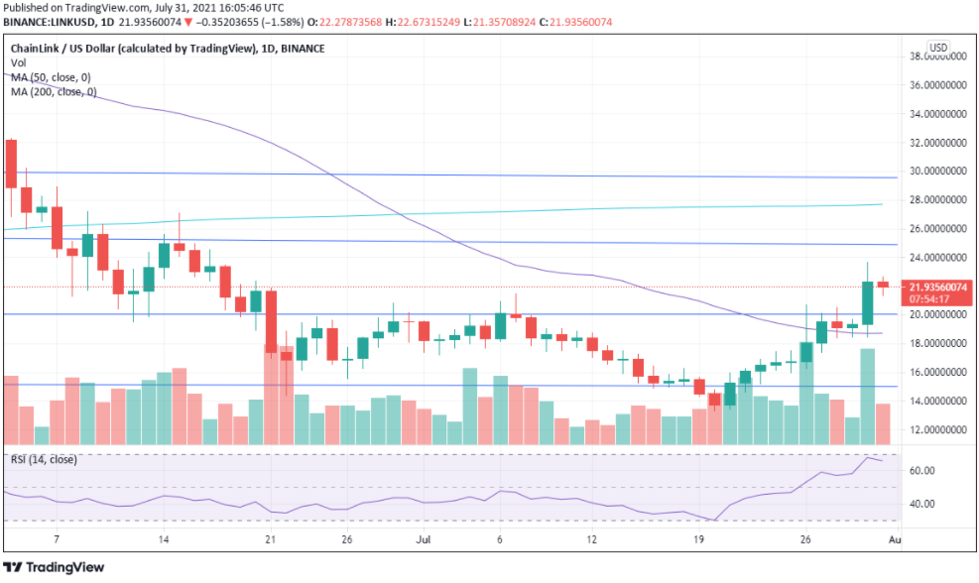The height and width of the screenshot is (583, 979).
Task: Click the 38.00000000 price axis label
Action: tap(937, 57)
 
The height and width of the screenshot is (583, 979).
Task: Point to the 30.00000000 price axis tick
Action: tap(937, 171)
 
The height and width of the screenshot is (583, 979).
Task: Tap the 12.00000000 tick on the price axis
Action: tap(937, 429)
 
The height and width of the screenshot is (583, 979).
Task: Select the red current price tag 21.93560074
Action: tap(937, 287)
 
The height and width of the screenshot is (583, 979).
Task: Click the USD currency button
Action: tap(937, 47)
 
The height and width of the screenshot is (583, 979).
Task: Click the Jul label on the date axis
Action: tap(424, 540)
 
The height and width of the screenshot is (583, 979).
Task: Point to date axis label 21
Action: tap(269, 540)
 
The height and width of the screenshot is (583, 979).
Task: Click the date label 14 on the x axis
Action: tap(164, 540)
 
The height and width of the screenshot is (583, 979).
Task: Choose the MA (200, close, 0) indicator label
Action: tap(55, 91)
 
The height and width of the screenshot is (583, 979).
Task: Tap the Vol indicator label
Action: tap(17, 62)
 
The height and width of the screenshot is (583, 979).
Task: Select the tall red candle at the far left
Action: tap(12, 164)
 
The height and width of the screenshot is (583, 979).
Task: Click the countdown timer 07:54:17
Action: tap(937, 298)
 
